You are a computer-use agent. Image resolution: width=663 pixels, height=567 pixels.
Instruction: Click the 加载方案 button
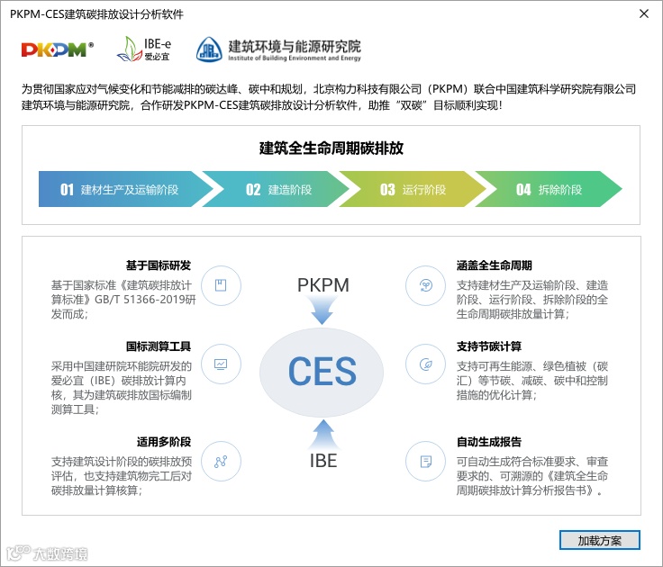click(599, 540)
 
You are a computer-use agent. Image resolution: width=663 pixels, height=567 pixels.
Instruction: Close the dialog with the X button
click(643, 14)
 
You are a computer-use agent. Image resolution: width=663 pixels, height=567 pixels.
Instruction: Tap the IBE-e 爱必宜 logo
click(144, 49)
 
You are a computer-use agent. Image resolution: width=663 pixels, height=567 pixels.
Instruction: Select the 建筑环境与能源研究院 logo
click(278, 49)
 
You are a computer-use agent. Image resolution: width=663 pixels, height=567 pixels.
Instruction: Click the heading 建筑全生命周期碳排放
click(331, 148)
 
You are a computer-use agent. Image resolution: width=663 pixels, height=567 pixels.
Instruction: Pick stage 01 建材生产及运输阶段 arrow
click(122, 190)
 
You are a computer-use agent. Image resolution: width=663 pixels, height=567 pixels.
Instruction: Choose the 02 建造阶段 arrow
click(279, 190)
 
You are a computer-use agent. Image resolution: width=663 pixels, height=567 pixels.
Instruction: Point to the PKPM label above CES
click(322, 286)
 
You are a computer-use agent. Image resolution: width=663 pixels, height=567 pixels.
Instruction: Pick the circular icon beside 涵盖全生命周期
click(425, 286)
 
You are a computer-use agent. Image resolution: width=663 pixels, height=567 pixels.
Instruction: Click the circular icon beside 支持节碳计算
click(425, 365)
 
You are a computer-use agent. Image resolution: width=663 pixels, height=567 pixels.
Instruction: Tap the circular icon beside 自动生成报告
click(425, 462)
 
